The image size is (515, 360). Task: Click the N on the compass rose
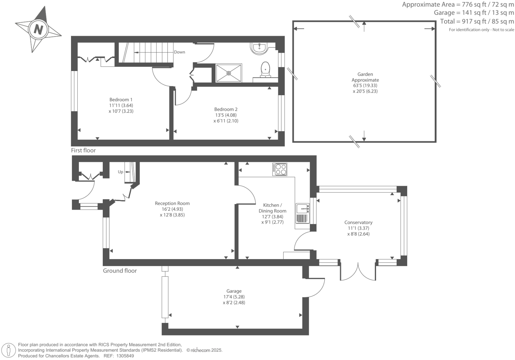(38, 30)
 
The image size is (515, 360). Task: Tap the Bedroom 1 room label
(121, 100)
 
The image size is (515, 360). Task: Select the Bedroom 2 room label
(226, 109)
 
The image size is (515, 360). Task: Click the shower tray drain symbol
(228, 73)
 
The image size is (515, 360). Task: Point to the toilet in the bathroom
(265, 69)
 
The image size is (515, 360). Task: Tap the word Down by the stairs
(179, 52)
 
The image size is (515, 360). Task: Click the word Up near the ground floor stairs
(120, 172)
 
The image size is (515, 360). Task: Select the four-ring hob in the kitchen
(280, 169)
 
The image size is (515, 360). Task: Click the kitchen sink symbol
(302, 209)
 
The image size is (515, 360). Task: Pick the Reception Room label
(172, 204)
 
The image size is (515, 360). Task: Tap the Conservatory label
(358, 223)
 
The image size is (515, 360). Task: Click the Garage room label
(234, 291)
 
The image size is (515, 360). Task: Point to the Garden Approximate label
(365, 77)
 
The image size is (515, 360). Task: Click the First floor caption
(83, 150)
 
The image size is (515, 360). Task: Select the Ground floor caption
(120, 271)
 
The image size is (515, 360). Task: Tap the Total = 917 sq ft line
(477, 21)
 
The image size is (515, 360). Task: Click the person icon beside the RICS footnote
(9, 350)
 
